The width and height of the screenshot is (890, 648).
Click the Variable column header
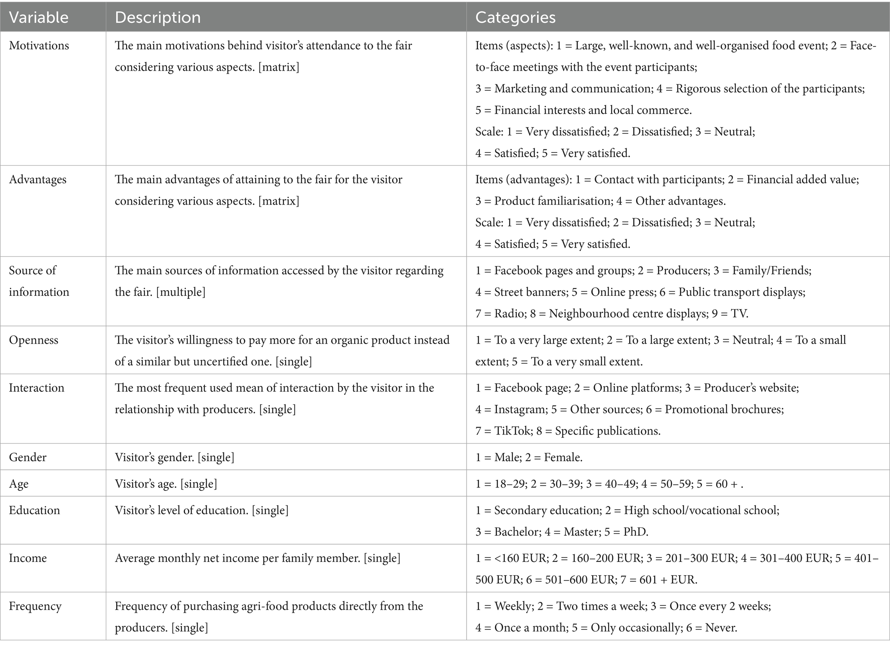click(x=39, y=17)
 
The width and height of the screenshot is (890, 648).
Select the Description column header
click(x=158, y=17)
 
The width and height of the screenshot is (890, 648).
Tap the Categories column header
click(x=515, y=17)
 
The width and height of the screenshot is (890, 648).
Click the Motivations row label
click(x=39, y=46)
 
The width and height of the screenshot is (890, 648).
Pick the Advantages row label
click(x=38, y=180)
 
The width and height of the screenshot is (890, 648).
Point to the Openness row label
click(x=34, y=340)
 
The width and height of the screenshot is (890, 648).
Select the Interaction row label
click(x=37, y=388)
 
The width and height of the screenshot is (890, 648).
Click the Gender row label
click(x=28, y=457)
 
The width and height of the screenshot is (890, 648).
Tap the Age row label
click(x=19, y=484)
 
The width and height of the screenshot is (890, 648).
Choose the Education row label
click(x=34, y=511)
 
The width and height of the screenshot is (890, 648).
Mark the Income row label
click(x=28, y=558)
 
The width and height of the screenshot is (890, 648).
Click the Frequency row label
click(x=35, y=606)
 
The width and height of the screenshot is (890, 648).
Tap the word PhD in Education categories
click(x=636, y=532)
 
